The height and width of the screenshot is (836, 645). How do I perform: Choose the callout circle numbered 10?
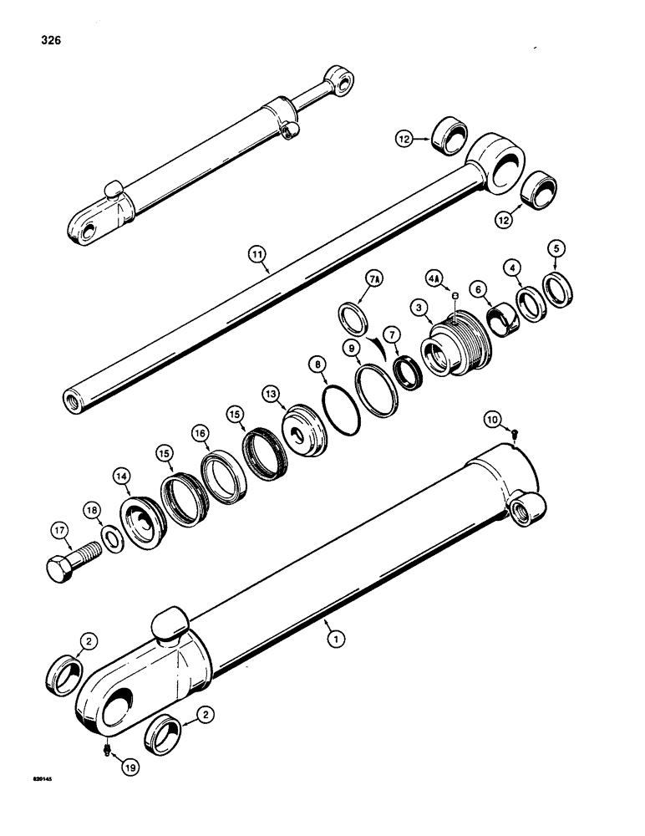pos(494,415)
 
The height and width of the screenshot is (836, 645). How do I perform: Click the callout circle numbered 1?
pos(335,640)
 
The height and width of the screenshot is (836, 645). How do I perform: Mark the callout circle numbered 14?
pos(123,477)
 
